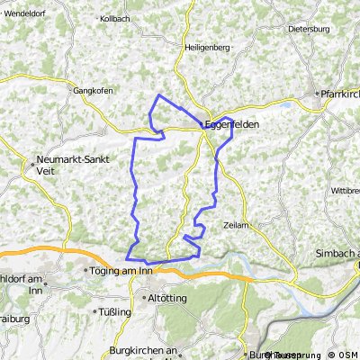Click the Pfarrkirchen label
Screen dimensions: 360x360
point(340,93)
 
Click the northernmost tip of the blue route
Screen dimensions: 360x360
point(159,94)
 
